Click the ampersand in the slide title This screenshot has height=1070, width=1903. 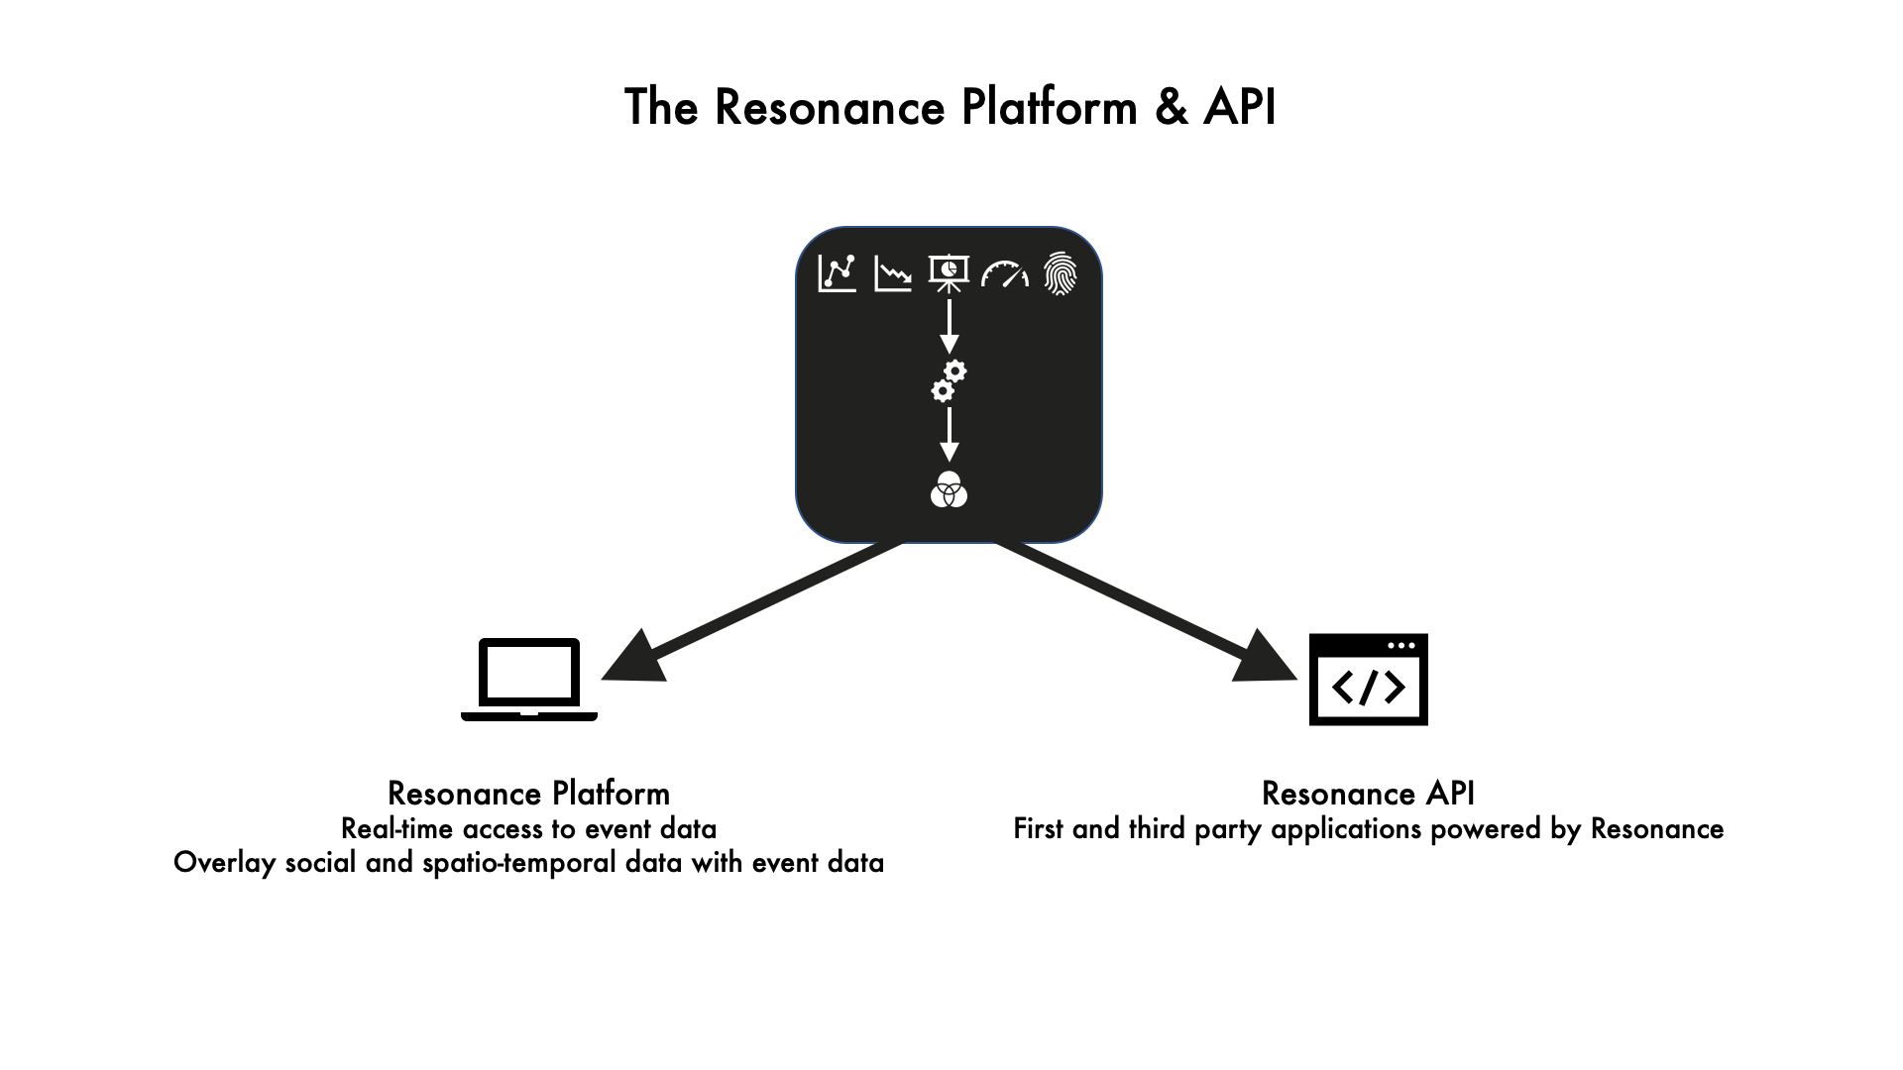tap(1171, 107)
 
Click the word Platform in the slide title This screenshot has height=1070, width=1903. tap(1049, 107)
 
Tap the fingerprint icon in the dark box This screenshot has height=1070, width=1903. tap(1060, 273)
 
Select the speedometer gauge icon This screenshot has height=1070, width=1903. tap(1004, 273)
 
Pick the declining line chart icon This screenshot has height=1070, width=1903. tap(893, 273)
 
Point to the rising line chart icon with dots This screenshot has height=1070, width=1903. tap(838, 273)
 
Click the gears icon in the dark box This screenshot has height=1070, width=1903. tap(949, 381)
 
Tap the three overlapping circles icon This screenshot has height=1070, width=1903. tap(949, 489)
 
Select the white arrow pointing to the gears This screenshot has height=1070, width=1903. tap(949, 327)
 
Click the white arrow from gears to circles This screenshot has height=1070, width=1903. tap(949, 435)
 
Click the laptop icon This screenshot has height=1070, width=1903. tap(529, 680)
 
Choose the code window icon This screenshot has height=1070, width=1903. tap(1368, 680)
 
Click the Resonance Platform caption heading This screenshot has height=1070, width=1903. tap(528, 794)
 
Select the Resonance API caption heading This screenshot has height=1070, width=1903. tap(1368, 794)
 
